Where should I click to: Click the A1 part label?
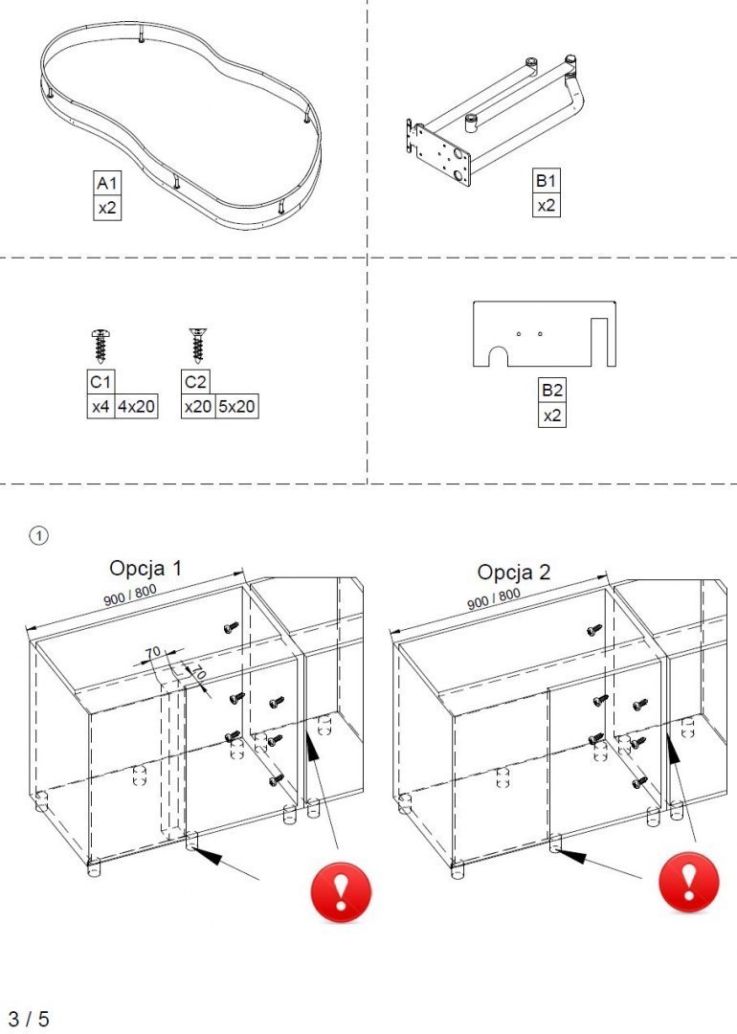tap(107, 183)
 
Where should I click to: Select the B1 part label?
tap(546, 181)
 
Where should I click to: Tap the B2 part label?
tap(551, 392)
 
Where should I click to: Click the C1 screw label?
tap(100, 382)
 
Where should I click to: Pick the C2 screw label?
tap(196, 382)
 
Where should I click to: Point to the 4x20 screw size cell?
tap(136, 406)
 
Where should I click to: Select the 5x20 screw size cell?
tap(236, 406)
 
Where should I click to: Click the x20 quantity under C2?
tap(197, 406)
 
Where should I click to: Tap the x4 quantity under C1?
tap(100, 406)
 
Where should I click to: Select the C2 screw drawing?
tap(197, 343)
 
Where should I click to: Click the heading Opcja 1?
tap(145, 568)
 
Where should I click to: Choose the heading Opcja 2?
tap(514, 573)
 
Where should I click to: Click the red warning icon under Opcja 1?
tap(341, 891)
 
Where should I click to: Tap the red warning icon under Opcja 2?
tap(688, 882)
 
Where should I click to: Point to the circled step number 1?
tap(38, 535)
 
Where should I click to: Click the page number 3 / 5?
tap(30, 1018)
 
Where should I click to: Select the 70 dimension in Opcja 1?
tap(151, 653)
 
